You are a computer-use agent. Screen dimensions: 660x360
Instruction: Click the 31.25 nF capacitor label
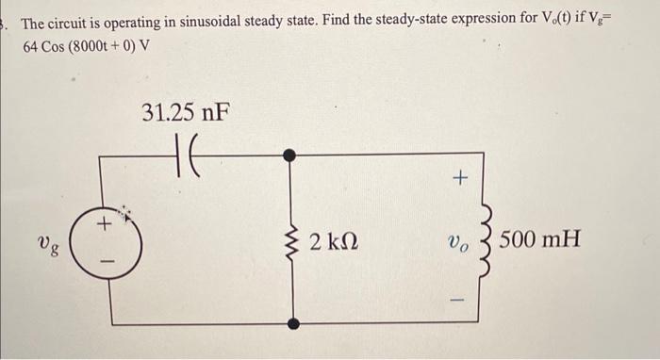click(x=185, y=114)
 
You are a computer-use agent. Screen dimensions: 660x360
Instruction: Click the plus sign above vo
click(x=460, y=176)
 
